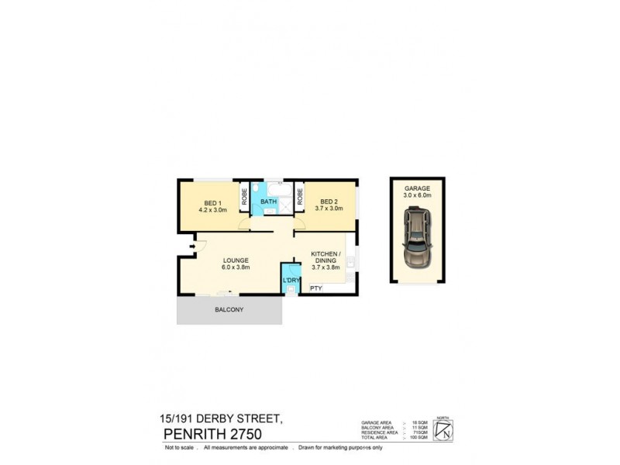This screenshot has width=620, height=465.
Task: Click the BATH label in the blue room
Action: (268, 202)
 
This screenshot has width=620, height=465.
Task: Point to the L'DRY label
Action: (291, 279)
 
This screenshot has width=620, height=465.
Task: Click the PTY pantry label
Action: (315, 288)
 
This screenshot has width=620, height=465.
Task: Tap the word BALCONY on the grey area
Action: (229, 310)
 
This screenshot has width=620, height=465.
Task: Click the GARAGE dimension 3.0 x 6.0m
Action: (417, 196)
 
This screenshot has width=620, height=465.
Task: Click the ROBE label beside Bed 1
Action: (243, 198)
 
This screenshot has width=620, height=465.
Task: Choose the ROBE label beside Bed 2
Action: (299, 198)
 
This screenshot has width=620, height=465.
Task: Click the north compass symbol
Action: (443, 429)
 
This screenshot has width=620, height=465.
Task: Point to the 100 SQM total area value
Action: (418, 438)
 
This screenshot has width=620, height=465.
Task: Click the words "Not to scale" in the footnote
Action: (179, 448)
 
